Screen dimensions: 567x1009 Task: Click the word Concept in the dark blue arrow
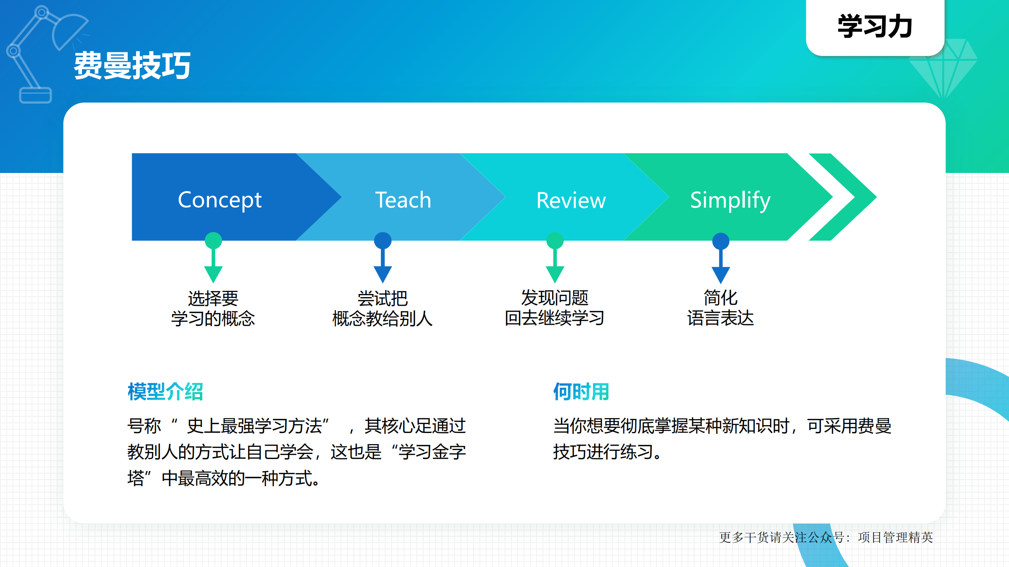(220, 200)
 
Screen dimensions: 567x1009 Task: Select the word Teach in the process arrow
(403, 200)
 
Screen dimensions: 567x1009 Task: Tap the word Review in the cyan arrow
(571, 200)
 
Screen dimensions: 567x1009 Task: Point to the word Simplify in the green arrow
(730, 200)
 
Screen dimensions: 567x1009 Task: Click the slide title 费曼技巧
(132, 66)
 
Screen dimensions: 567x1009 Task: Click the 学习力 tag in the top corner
(875, 27)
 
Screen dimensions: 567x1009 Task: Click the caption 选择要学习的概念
(213, 309)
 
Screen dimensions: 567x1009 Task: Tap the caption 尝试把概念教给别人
(382, 309)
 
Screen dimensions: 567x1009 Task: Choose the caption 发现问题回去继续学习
(554, 308)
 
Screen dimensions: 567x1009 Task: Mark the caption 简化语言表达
(720, 308)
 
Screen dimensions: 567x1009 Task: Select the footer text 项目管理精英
(895, 537)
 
